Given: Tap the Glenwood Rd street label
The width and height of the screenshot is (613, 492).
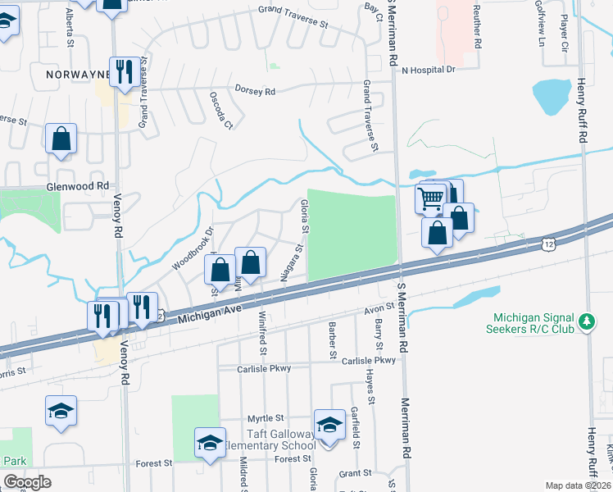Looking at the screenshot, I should point(79,186).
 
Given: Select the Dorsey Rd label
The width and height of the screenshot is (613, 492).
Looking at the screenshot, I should point(254,91).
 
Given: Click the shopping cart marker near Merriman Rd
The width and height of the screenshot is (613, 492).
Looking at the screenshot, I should point(431,198).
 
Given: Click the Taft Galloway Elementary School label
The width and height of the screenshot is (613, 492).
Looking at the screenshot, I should point(269,440).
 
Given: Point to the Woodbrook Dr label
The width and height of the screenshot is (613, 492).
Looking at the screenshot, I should point(191,248).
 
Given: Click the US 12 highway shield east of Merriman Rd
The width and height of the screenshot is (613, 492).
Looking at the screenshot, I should point(547,244).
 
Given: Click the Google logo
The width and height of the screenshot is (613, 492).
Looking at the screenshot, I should point(27,482).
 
